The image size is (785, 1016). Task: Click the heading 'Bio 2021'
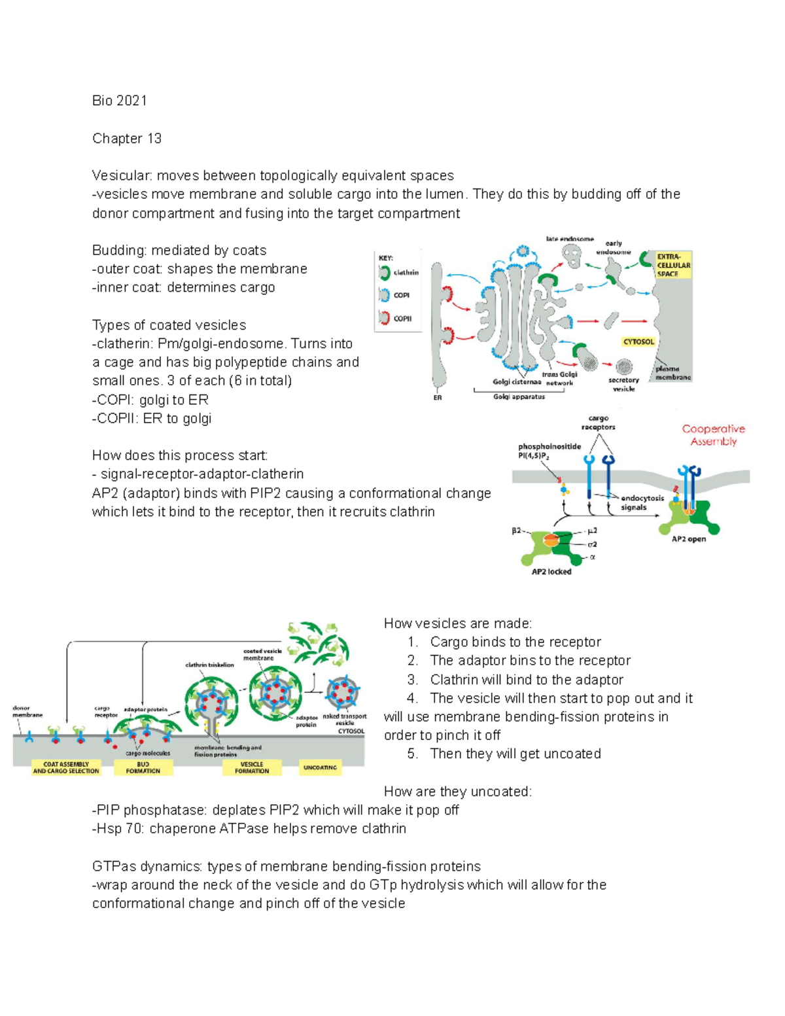pos(120,101)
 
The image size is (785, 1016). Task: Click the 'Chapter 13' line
pos(127,139)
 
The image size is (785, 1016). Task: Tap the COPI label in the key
pos(401,296)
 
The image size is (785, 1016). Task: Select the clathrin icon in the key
pos(384,272)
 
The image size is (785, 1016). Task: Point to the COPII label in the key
pos(402,319)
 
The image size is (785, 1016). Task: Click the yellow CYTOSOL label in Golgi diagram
pos(638,342)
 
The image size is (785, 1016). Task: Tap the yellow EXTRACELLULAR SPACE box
pos(673,265)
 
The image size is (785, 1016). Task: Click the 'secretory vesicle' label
pos(623,384)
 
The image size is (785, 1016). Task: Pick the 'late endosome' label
pos(570,239)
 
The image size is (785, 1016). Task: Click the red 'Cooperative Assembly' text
pos(713,435)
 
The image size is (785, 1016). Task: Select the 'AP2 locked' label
pos(551,572)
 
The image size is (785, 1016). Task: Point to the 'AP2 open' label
pos(689,540)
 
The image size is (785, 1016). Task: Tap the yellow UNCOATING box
pos(320,767)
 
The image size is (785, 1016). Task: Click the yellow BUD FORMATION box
pos(143,767)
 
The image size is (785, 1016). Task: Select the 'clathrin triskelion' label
pos(209,665)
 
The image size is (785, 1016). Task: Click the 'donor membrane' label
pos(27,712)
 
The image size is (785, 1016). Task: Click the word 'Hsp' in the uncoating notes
pos(109,829)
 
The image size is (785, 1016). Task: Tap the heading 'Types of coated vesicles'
pos(169,325)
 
